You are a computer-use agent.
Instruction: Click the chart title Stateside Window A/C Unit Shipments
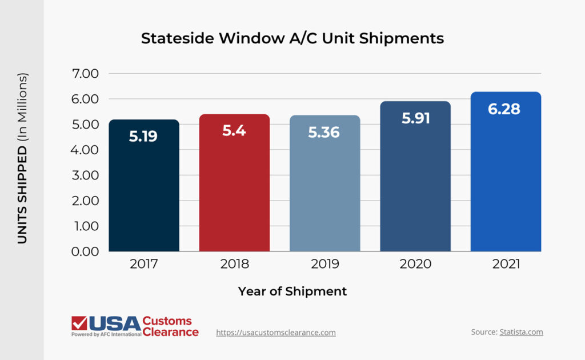point(292,38)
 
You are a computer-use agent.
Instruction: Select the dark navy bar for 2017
point(144,189)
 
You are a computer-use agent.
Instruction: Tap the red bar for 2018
point(234,189)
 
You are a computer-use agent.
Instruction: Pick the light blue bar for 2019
point(324,189)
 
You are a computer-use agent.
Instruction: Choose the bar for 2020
point(415,189)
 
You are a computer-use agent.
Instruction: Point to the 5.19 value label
point(143,137)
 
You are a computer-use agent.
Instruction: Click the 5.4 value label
point(234,130)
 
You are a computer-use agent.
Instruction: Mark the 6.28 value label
point(504,109)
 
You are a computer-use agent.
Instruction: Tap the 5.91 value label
point(415,118)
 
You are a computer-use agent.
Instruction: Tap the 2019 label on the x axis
point(324,264)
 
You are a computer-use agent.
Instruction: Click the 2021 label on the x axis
point(506,264)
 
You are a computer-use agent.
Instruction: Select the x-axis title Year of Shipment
point(292,291)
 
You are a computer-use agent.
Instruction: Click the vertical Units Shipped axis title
point(22,159)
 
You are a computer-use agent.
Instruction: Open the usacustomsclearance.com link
point(275,333)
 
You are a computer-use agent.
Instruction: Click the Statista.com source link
point(521,332)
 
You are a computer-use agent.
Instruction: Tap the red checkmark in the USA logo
point(79,323)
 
